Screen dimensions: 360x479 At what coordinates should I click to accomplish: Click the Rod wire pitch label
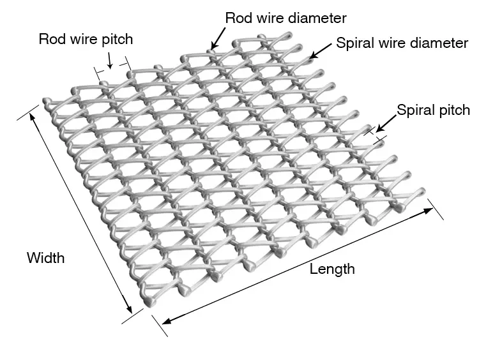86,39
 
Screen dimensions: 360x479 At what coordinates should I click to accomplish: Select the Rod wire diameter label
285,18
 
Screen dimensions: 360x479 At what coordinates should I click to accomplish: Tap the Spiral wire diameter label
402,43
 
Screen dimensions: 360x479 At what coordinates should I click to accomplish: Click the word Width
45,258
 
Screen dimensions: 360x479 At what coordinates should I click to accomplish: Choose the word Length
332,269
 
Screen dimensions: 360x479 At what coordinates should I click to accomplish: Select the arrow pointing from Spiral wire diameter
321,50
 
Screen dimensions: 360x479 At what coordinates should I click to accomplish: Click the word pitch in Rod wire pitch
117,39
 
